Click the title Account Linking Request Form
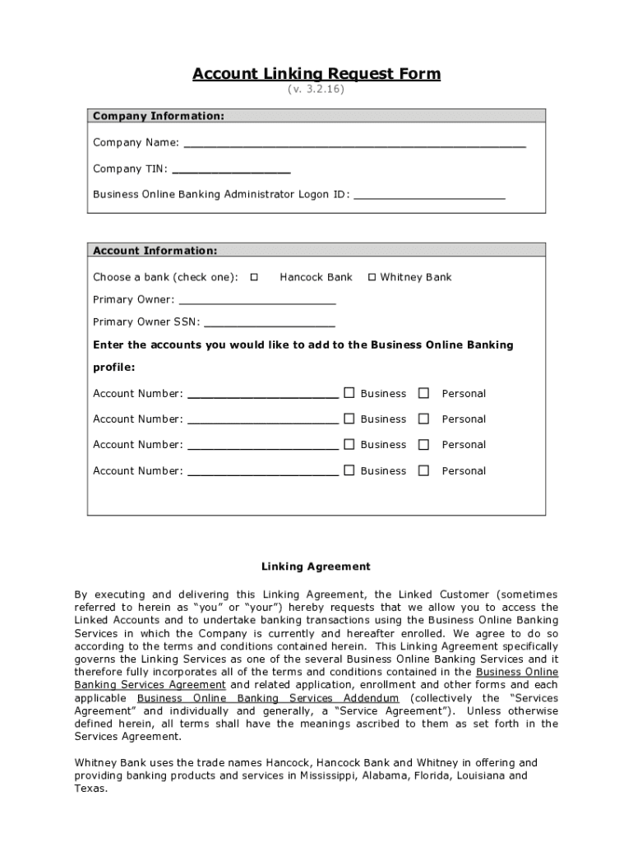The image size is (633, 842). coord(316,74)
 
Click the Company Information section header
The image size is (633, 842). coord(158,116)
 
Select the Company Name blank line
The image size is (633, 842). coord(354,143)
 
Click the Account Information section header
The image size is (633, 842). coord(155,250)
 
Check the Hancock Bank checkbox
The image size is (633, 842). coord(254,277)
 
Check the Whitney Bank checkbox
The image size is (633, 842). coord(372,277)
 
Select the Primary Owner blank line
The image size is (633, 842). coord(256,300)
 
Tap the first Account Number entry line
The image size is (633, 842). coord(263,395)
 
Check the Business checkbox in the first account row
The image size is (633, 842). coord(349,393)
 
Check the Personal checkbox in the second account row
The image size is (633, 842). coord(423,419)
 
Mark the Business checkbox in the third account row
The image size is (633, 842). coord(349,444)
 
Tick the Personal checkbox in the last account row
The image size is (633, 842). coord(423,470)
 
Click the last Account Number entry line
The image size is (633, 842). coord(263,472)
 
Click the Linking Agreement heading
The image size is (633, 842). coord(316,567)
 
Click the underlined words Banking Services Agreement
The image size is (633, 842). coord(150,684)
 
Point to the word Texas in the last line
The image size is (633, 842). coord(90,788)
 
